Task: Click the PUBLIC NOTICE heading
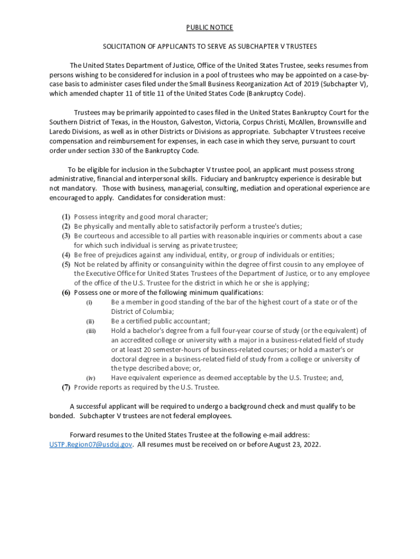(x=209, y=27)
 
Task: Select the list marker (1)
(x=65, y=217)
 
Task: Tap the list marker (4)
(x=65, y=255)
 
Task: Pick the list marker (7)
(x=65, y=388)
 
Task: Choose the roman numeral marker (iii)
(x=91, y=331)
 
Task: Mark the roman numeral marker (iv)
(x=91, y=378)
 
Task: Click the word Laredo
(x=60, y=132)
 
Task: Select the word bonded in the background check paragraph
(x=62, y=416)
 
